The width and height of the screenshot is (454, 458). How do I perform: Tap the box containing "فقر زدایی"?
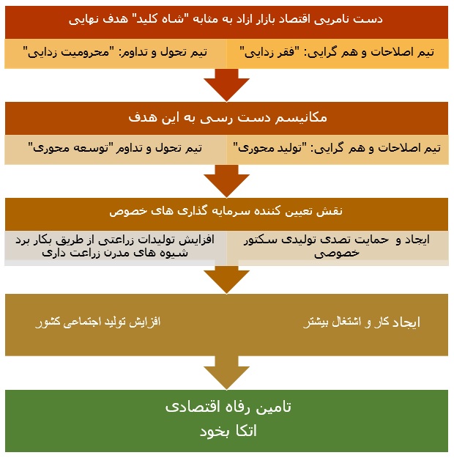coord(338,53)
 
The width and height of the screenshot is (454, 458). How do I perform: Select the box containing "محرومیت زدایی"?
coord(116,53)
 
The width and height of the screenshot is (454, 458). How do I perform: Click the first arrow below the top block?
coord(226,85)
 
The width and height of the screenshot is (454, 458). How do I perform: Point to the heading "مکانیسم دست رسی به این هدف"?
coord(228,118)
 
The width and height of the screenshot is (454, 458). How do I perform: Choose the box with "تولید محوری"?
coord(338,149)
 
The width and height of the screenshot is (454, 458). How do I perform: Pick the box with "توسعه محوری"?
coord(116,149)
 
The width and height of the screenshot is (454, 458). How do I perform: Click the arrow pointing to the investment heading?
coord(226,181)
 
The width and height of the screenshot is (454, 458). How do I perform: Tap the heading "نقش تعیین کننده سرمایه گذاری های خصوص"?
coord(226,211)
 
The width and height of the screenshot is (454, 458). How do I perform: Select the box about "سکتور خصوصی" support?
coord(338,248)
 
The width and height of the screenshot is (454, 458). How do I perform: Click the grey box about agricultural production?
coord(116,248)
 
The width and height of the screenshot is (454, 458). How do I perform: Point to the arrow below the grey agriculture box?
coord(226,279)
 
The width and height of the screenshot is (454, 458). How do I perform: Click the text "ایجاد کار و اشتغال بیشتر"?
coord(362,322)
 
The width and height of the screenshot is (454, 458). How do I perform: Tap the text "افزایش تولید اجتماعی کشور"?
coord(98,322)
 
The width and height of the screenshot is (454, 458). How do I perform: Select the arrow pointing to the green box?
coord(226,373)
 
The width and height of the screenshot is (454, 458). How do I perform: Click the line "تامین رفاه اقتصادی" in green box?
coord(228,407)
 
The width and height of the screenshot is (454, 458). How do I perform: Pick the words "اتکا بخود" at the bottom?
coord(228,431)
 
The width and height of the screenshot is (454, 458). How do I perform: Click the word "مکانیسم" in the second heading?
coord(301,118)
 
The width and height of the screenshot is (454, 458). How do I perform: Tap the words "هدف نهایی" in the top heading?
coord(98,20)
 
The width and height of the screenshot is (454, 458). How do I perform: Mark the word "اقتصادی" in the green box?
coord(190,407)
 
